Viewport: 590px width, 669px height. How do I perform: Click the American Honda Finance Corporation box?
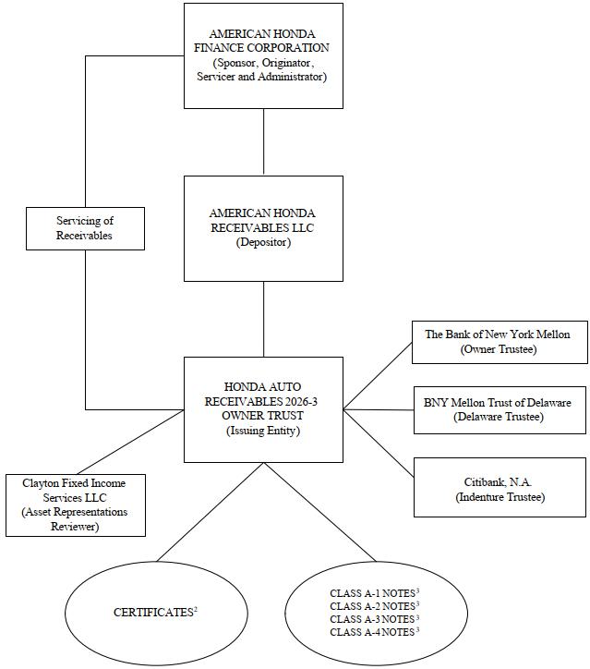point(263,55)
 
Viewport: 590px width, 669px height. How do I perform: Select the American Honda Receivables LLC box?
point(263,228)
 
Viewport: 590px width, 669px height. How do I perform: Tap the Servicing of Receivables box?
point(85,228)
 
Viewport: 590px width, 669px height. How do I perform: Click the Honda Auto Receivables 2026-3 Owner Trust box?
point(263,409)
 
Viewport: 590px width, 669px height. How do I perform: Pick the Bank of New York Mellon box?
point(500,343)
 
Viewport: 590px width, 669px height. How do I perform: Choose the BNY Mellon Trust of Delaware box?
point(500,410)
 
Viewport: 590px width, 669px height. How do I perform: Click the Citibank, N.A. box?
point(500,488)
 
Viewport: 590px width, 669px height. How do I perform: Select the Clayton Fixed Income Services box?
point(76,505)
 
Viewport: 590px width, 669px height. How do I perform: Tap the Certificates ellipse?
point(156,614)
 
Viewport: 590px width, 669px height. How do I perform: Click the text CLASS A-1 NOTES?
point(372,593)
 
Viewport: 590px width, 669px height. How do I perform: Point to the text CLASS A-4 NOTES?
point(372,632)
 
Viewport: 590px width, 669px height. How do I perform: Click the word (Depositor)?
point(263,242)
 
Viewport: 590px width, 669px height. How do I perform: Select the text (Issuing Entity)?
point(263,431)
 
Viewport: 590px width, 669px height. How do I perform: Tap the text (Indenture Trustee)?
point(500,497)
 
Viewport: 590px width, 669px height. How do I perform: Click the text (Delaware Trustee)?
point(499,417)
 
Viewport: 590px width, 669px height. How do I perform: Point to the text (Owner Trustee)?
point(499,349)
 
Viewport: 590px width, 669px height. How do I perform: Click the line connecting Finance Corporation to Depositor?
point(263,142)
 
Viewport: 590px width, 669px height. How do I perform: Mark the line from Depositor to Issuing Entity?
point(263,319)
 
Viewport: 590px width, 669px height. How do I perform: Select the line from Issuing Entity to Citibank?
point(379,443)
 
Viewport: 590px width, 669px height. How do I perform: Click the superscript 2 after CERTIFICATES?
point(196,609)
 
